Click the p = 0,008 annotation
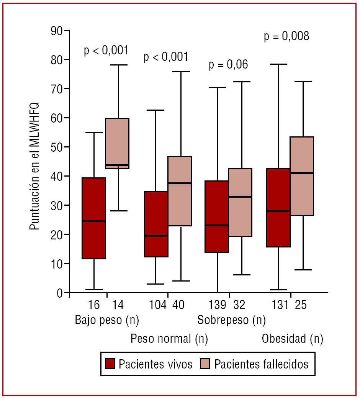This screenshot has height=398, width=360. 286,37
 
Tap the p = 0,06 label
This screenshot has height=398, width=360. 228,65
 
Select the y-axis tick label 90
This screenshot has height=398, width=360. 57,31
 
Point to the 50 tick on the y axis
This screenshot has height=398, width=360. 57,147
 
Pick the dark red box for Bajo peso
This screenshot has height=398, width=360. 94,218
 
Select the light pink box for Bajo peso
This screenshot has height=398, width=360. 117,144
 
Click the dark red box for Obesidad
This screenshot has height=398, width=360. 278,208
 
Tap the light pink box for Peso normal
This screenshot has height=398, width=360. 180,191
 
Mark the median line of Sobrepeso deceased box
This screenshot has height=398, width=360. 240,197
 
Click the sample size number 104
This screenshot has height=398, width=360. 158,305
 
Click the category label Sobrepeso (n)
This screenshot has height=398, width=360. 231,320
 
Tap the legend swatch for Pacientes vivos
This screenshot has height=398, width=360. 110,364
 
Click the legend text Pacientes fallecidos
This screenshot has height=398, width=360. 261,364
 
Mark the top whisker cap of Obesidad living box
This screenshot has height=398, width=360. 278,64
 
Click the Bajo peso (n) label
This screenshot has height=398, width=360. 107,320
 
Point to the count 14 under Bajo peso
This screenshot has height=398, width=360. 118,305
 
